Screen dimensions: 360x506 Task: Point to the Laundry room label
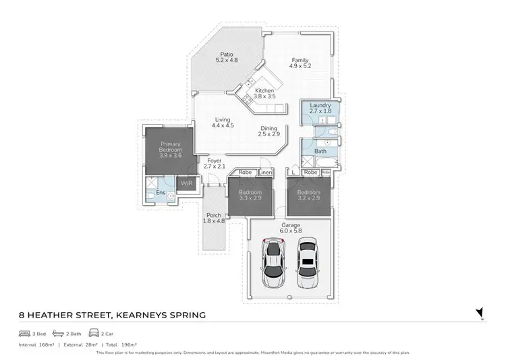(x=319, y=109)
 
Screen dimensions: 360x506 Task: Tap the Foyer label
(x=213, y=162)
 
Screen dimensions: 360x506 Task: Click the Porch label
(x=213, y=218)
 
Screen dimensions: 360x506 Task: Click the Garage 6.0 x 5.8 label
(x=291, y=229)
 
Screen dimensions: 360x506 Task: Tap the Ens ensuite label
(x=161, y=193)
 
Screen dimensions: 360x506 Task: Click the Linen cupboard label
(x=264, y=173)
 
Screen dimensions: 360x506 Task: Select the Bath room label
(x=320, y=151)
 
